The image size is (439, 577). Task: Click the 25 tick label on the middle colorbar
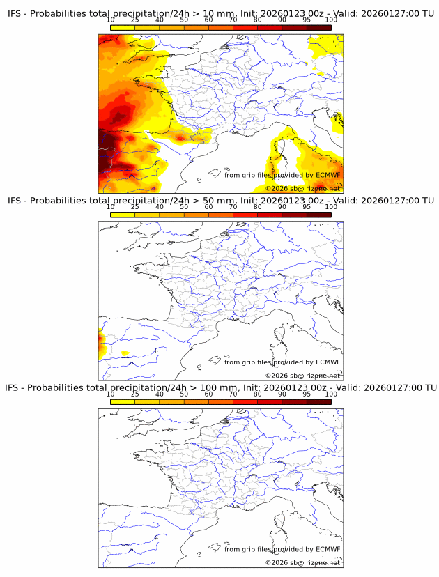point(135,207)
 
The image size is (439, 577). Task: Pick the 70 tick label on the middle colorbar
point(233,207)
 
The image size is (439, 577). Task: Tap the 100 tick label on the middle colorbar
point(331,207)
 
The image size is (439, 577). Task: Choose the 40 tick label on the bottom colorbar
point(160,394)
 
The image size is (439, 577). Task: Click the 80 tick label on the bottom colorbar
point(258,394)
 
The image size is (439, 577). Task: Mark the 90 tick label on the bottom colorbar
point(282,394)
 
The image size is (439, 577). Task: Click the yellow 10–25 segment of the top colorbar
point(123,27)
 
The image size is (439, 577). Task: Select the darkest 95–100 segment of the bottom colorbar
point(318,402)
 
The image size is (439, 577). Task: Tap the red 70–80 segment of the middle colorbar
point(245,215)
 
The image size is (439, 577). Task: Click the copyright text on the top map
point(302,189)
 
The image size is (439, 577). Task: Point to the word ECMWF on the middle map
point(328,362)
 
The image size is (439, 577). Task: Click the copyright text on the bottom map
point(302,563)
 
